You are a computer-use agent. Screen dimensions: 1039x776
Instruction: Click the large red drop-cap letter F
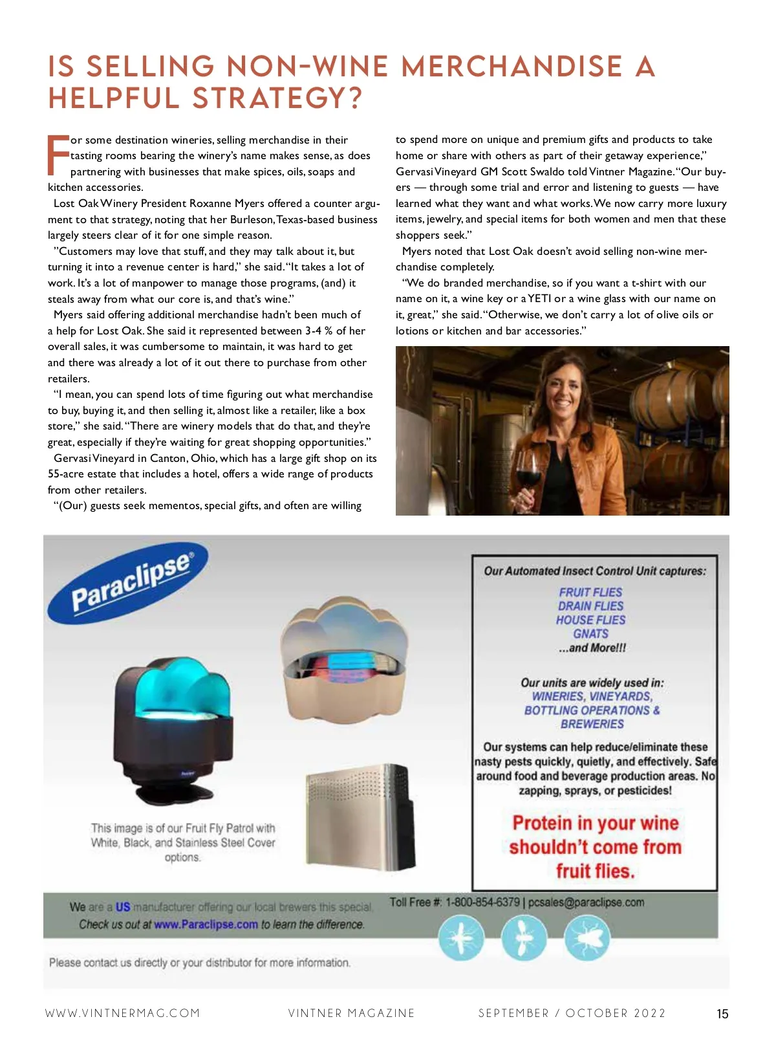(x=58, y=155)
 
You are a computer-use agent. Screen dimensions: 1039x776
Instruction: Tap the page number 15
(x=722, y=1014)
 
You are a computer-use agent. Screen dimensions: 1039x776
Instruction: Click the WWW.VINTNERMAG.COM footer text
(x=123, y=1013)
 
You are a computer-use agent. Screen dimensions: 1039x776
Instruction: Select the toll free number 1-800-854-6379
(x=482, y=902)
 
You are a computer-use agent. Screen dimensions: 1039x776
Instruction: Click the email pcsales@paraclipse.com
(x=586, y=902)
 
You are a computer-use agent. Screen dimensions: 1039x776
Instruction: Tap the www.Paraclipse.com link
(x=206, y=924)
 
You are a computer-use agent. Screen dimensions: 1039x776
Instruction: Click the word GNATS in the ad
(x=591, y=634)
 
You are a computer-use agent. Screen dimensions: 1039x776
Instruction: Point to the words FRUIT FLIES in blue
(x=590, y=592)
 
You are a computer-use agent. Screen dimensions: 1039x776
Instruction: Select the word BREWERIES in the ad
(x=592, y=724)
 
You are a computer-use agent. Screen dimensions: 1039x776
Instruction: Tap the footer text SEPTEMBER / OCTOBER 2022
(x=572, y=1013)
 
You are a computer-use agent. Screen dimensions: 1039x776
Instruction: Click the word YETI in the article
(x=539, y=299)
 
